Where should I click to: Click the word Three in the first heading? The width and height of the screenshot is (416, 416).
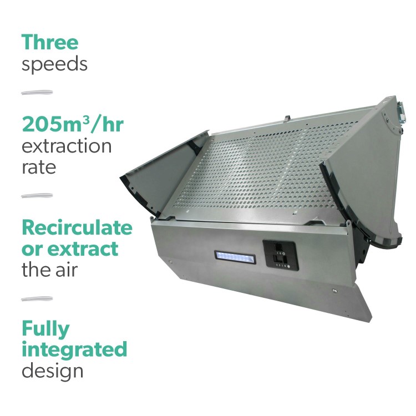(x=50, y=43)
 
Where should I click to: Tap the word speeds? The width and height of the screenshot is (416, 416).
(x=54, y=64)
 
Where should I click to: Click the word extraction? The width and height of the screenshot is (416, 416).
(x=67, y=146)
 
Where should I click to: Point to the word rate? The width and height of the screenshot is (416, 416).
(x=39, y=167)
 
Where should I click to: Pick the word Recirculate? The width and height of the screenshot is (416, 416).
(x=77, y=227)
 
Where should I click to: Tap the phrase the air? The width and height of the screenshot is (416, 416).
(x=49, y=270)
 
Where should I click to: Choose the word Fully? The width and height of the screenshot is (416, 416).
(x=45, y=329)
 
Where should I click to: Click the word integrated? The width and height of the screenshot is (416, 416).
(x=74, y=350)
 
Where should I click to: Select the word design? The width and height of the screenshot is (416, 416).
(x=52, y=371)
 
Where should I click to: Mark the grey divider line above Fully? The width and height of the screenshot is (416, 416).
(x=37, y=299)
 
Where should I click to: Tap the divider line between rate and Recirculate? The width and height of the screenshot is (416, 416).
(x=37, y=195)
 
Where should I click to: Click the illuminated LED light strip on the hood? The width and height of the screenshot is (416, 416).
(x=236, y=257)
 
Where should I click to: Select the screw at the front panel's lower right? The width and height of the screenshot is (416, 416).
(x=335, y=291)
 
